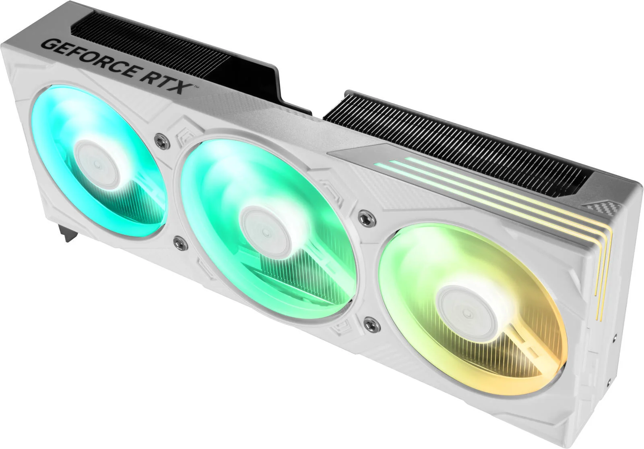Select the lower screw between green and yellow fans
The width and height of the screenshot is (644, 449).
pos(370,323)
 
